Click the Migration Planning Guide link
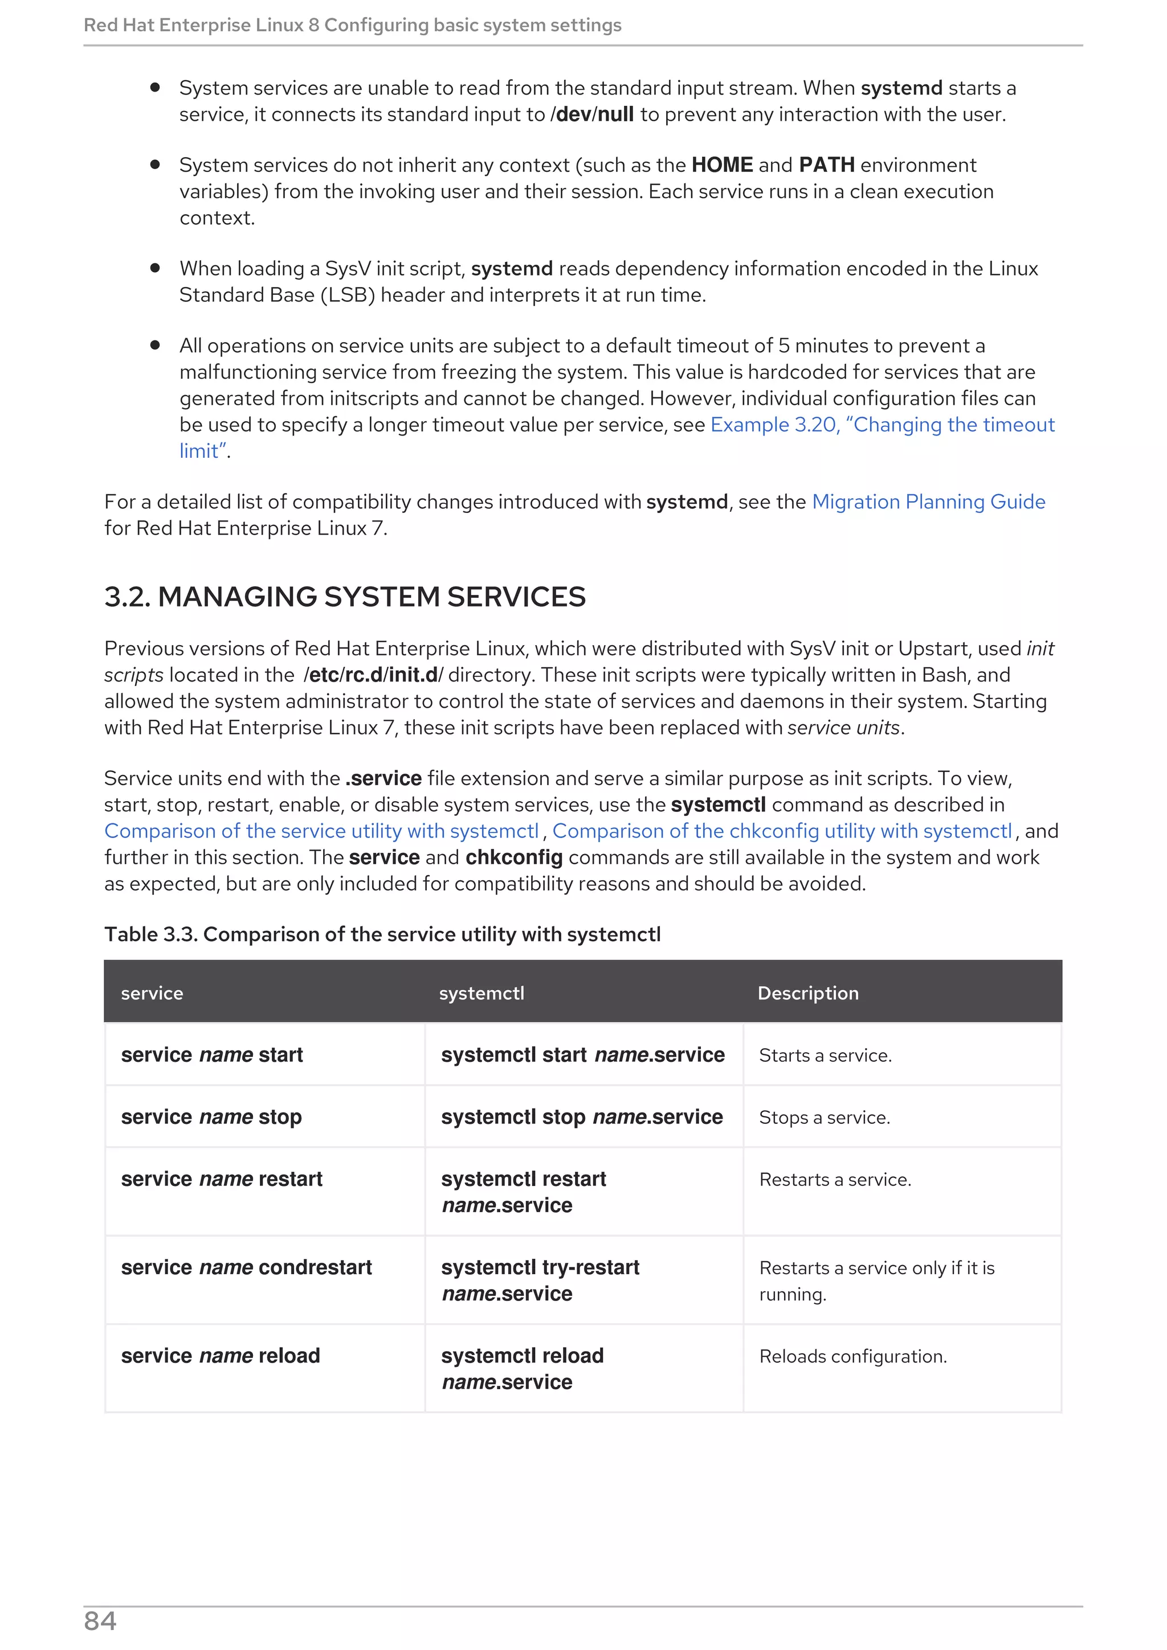pos(928,502)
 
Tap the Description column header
pos(807,992)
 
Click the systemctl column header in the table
pos(481,992)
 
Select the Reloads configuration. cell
pos(853,1356)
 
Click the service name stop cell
pos(211,1117)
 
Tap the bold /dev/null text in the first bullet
pos(592,114)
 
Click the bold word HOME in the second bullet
pos(722,165)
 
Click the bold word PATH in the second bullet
pos(826,165)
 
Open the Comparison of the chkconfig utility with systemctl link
pos(782,831)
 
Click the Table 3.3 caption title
pos(382,934)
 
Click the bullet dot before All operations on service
pos(154,345)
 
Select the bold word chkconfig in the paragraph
pos(513,857)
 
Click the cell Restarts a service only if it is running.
pos(876,1280)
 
